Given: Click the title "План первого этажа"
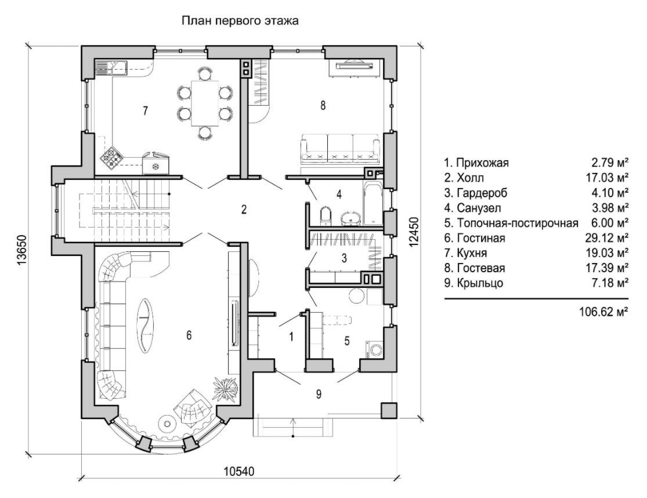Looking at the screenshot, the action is pos(240,22).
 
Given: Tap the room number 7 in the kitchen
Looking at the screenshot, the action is pos(145,111).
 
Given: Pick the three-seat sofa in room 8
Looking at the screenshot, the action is pos(341,149).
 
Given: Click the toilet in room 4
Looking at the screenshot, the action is pos(325,216).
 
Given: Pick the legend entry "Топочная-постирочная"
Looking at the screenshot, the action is pos(511,223).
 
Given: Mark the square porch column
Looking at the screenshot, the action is pos(389,410).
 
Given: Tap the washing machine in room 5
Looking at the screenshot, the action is pos(374,349).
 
